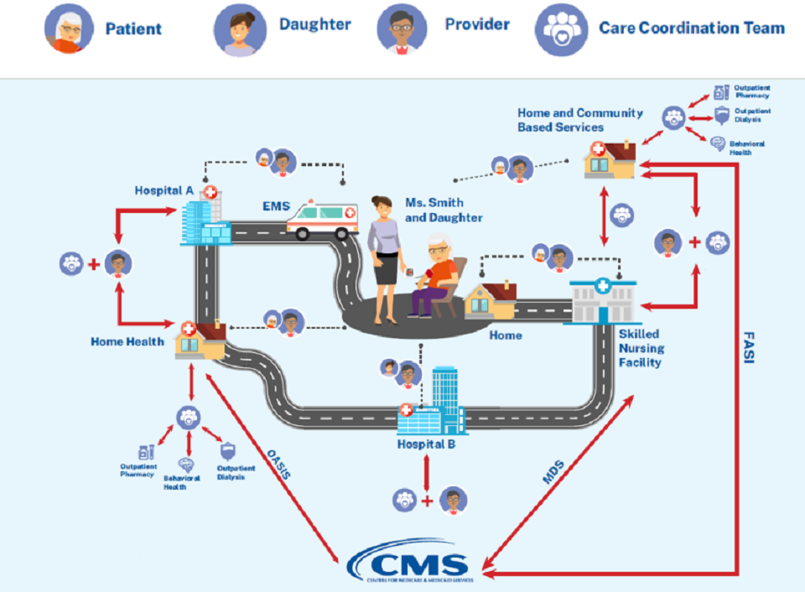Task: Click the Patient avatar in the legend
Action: pos(70,28)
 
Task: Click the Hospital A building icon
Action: pos(201,217)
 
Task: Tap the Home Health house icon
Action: pos(199,340)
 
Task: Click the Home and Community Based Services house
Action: pos(610,159)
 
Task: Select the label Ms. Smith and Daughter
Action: pos(433,210)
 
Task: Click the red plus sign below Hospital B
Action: pos(428,501)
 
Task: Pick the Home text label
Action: pos(506,335)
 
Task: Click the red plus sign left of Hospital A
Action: pos(94,264)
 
